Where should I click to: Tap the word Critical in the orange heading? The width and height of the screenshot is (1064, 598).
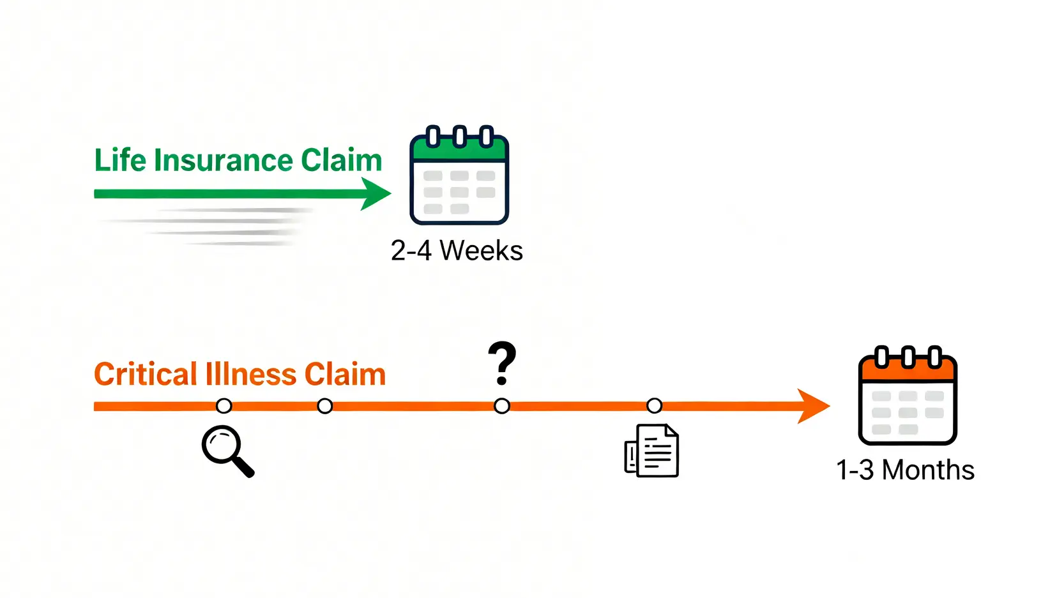click(146, 374)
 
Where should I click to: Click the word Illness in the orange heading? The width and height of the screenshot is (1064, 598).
click(250, 374)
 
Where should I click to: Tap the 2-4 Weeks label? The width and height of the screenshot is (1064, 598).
click(457, 251)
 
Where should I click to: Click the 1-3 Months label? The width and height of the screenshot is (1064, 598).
click(905, 470)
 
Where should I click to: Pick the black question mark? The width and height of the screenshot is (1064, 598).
click(502, 363)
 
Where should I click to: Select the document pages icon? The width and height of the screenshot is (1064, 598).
click(651, 451)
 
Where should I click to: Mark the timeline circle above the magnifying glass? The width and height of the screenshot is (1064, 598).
click(224, 406)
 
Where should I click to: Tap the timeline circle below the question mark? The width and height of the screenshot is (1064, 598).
click(502, 406)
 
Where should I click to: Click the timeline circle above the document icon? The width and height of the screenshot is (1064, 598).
click(654, 406)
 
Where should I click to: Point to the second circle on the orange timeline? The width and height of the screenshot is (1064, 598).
click(324, 406)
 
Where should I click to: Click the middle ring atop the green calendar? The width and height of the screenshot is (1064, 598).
click(459, 136)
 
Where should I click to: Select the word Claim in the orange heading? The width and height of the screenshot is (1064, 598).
click(345, 374)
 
